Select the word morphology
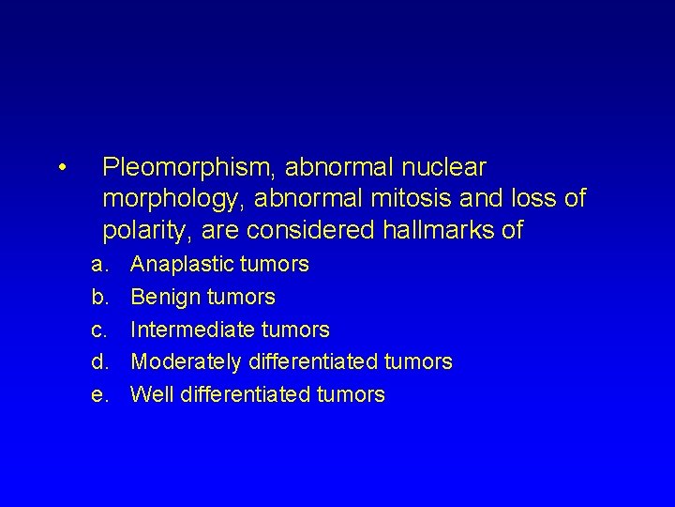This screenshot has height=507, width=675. click(x=161, y=200)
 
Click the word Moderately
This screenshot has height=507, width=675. click(x=185, y=361)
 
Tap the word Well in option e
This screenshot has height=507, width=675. click(x=149, y=394)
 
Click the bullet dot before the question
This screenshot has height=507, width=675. click(x=60, y=169)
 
